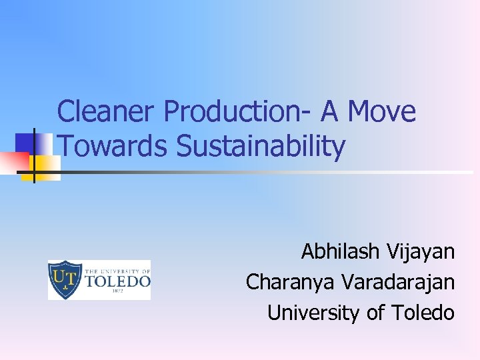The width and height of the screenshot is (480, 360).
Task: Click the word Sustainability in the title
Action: [x=261, y=147]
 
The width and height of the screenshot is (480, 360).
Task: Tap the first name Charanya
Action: [x=291, y=282]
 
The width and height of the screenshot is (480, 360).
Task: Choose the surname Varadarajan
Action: [x=398, y=282]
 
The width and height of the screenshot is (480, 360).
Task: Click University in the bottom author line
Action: [x=313, y=312]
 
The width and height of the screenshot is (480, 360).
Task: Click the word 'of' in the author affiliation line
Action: [x=375, y=312]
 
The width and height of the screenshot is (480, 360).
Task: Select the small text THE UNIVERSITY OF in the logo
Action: [x=117, y=271]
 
